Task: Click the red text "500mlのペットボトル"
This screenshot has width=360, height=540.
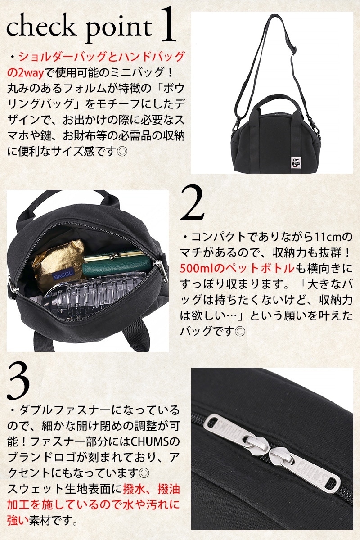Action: [237, 268]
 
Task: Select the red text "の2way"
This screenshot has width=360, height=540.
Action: [26, 72]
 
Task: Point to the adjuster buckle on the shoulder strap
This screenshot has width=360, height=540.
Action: [293, 49]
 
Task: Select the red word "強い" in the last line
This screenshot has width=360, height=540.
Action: [18, 521]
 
